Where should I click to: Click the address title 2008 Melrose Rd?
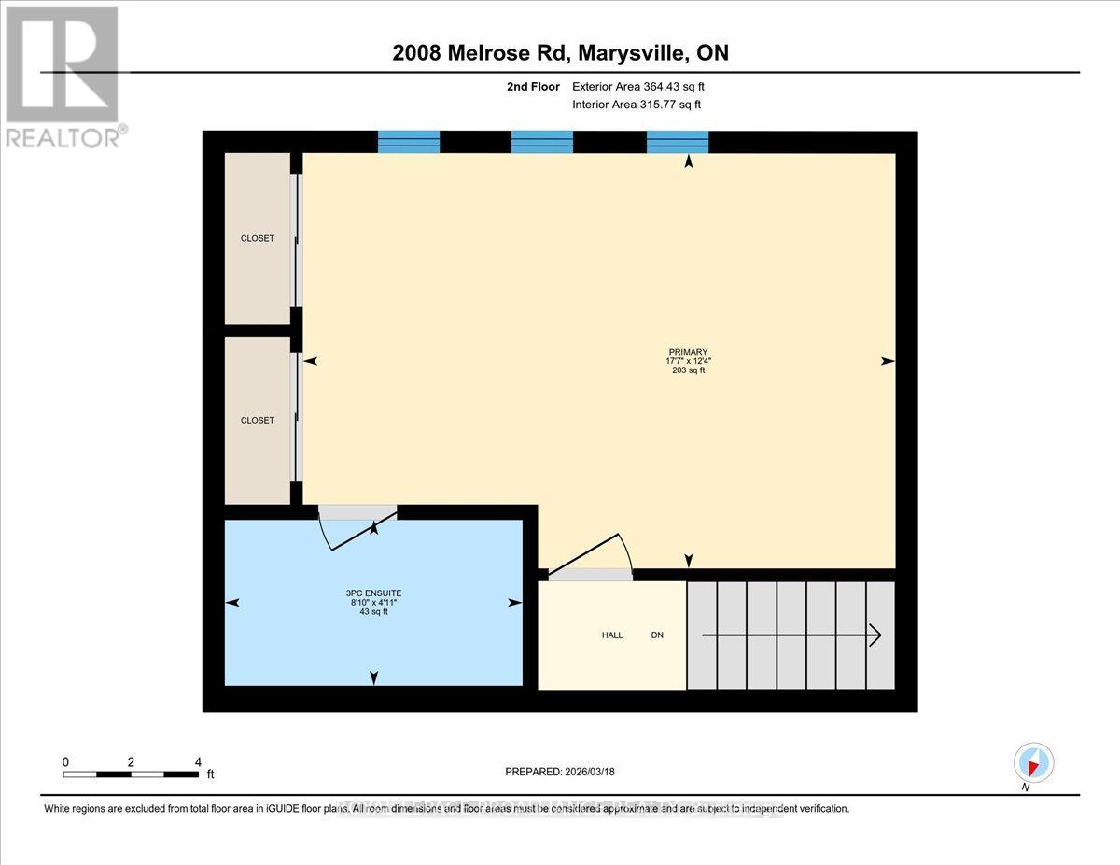pyautogui.click(x=560, y=53)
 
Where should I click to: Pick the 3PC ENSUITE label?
pyautogui.click(x=373, y=593)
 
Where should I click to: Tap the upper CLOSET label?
pyautogui.click(x=258, y=238)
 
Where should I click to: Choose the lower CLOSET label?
pyautogui.click(x=258, y=420)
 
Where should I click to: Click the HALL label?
pyautogui.click(x=612, y=635)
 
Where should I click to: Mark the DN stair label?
pyautogui.click(x=657, y=635)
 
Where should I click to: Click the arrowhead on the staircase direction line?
pyautogui.click(x=875, y=635)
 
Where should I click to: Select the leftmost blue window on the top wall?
pyautogui.click(x=408, y=141)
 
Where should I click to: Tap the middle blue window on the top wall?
pyautogui.click(x=542, y=141)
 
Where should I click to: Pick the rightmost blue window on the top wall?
pyautogui.click(x=678, y=141)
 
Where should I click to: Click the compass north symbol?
pyautogui.click(x=1033, y=762)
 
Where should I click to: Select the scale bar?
pyautogui.click(x=130, y=774)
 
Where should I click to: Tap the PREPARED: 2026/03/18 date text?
pyautogui.click(x=560, y=772)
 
